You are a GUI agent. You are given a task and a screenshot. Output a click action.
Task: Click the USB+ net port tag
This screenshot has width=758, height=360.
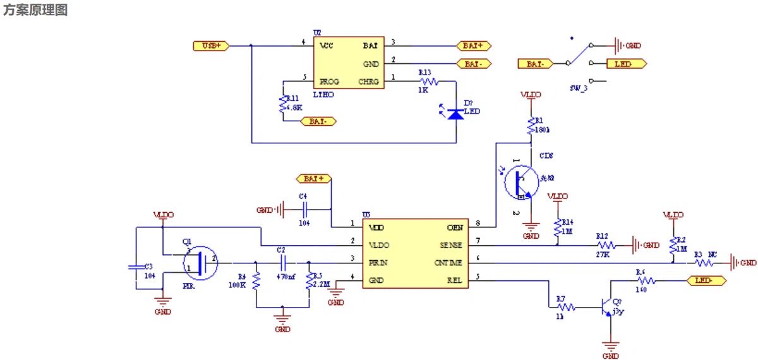click(211, 45)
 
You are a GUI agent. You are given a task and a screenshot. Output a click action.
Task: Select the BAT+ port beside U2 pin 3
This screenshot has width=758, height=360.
click(473, 45)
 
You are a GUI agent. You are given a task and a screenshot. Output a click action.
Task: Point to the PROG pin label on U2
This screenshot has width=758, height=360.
click(329, 81)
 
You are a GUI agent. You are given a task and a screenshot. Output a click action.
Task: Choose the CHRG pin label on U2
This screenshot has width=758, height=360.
click(369, 81)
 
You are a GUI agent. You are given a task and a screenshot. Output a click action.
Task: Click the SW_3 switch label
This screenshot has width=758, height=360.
click(579, 88)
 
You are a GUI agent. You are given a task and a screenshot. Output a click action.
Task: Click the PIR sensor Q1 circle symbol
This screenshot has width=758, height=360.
click(200, 263)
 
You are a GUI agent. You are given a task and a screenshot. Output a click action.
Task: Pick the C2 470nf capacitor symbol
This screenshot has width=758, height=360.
click(282, 262)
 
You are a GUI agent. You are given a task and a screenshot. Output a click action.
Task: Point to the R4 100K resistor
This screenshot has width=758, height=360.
click(256, 280)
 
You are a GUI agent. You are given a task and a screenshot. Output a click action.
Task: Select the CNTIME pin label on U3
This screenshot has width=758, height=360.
click(448, 263)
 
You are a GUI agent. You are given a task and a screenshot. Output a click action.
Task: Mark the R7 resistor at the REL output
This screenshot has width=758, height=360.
click(565, 308)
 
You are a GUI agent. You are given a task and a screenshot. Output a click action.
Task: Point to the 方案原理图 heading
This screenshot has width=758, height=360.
click(35, 10)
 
